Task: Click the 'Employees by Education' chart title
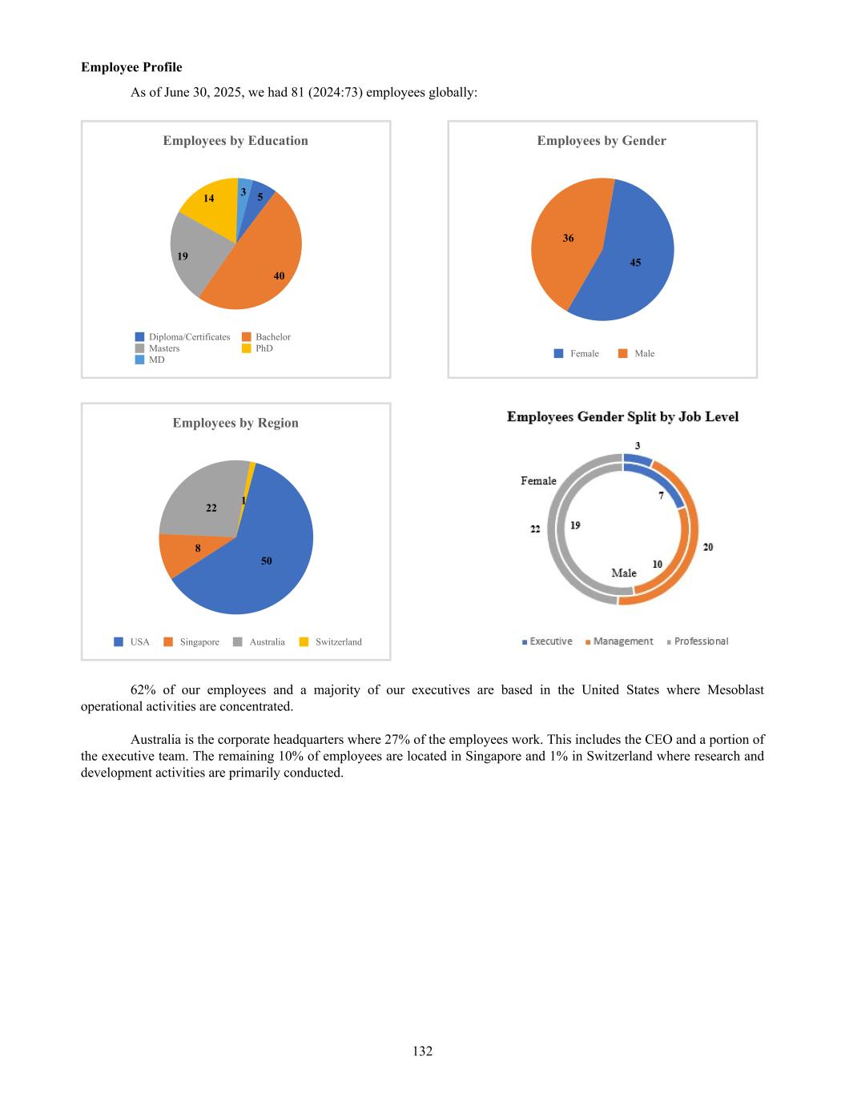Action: click(x=235, y=141)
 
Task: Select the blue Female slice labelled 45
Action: click(x=633, y=256)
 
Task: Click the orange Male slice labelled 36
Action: click(x=565, y=240)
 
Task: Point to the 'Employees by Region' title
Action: click(x=235, y=423)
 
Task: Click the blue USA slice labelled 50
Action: click(x=256, y=561)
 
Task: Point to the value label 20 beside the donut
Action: click(x=708, y=547)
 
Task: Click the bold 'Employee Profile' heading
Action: click(x=131, y=67)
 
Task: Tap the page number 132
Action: click(x=423, y=1051)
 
